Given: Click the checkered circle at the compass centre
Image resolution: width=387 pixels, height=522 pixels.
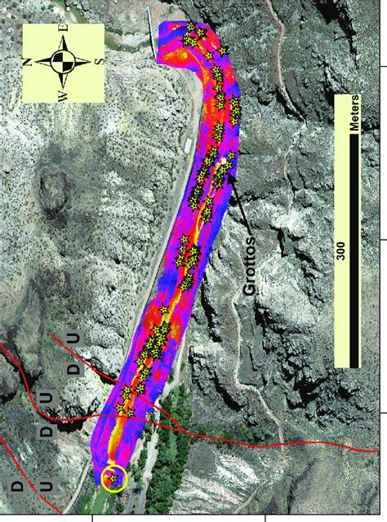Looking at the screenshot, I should click(x=63, y=62).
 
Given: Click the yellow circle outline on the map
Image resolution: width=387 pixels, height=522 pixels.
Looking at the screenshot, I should click(x=114, y=479).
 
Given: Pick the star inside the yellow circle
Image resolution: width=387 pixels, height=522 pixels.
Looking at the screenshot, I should click(x=113, y=479).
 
